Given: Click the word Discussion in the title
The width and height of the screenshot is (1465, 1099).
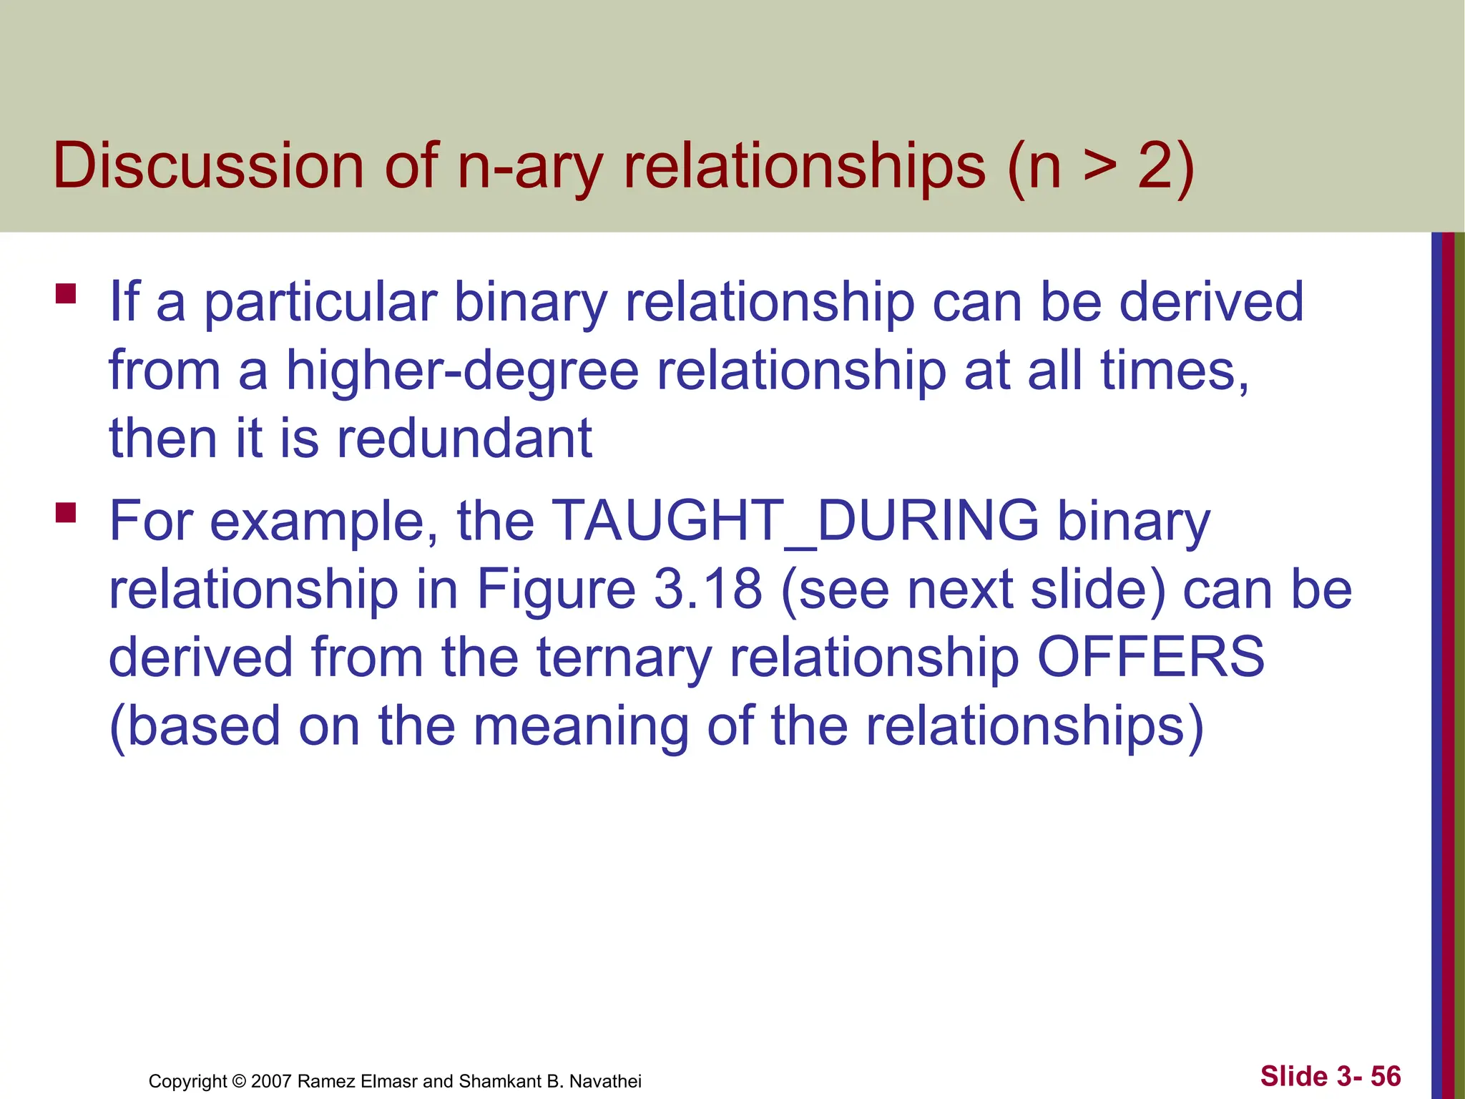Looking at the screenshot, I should (x=208, y=166).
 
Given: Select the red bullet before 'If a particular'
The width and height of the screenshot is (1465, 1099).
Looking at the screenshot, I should (x=66, y=294).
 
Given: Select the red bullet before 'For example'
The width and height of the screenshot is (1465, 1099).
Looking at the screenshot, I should (x=66, y=512).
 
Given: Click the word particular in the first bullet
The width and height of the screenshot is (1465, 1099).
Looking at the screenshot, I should (x=320, y=303).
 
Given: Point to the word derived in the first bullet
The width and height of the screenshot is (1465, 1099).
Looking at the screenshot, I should (x=1211, y=301).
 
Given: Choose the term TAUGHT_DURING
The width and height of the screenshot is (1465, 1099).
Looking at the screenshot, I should (x=795, y=520).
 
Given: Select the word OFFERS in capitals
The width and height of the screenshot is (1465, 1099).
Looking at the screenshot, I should (x=1150, y=657).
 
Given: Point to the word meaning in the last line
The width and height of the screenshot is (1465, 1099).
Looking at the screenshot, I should (x=580, y=726).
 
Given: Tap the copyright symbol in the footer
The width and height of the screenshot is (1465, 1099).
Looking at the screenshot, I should (x=240, y=1081).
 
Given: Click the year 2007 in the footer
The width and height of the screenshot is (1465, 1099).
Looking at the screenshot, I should (x=271, y=1081).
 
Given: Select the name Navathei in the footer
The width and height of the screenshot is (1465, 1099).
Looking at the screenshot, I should (x=605, y=1081).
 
